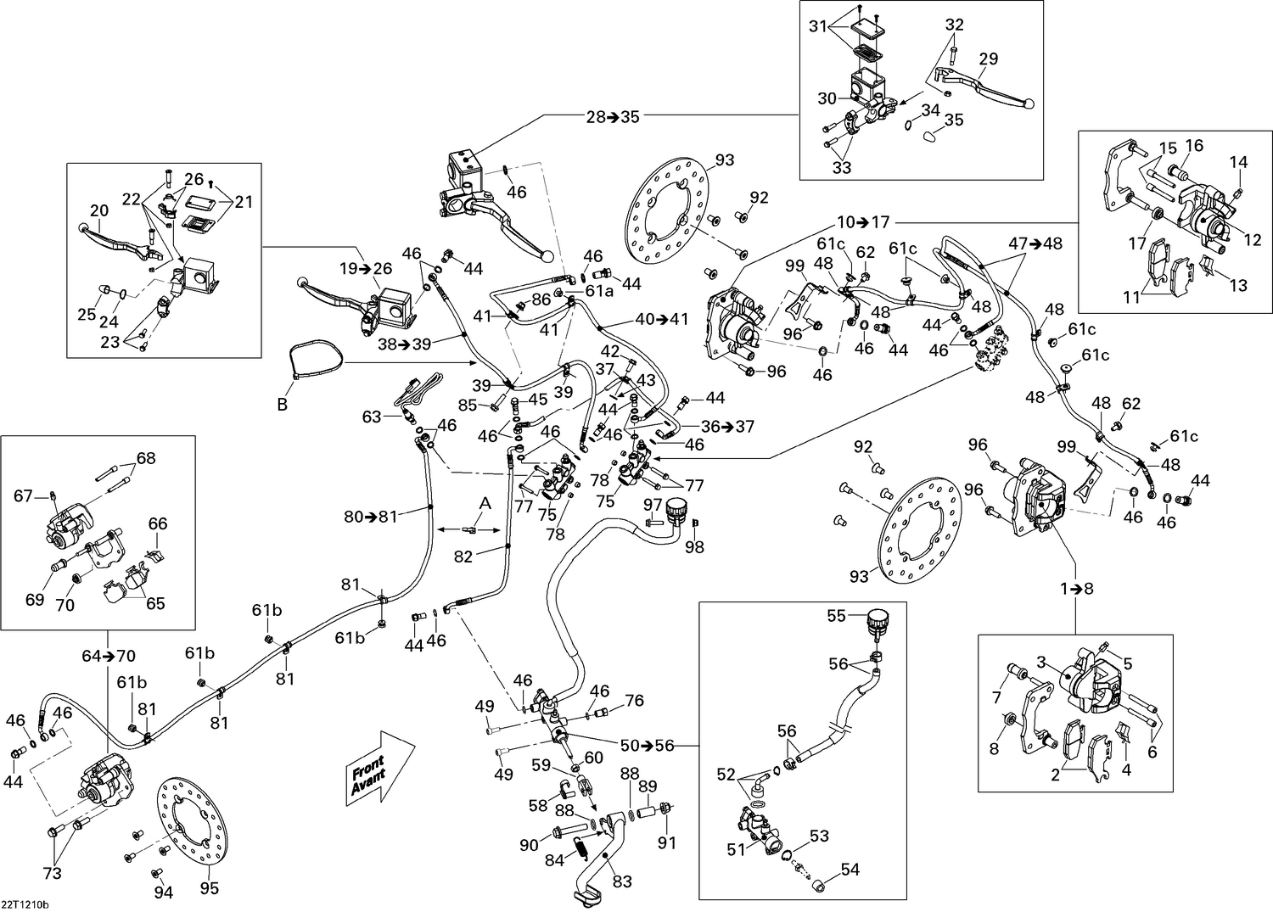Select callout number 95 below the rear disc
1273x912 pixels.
[210, 888]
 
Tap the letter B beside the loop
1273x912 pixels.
[283, 405]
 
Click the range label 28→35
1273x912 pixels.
[612, 117]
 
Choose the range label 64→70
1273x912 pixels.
[109, 655]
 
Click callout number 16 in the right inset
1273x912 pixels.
[1194, 146]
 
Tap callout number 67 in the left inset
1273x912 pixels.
[24, 495]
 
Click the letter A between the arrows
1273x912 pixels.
[485, 503]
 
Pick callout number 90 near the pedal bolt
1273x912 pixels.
[530, 845]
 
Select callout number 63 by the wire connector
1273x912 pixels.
[372, 417]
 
